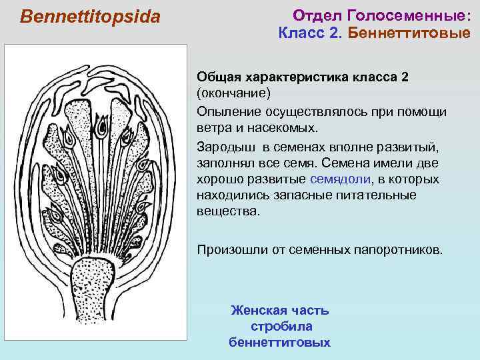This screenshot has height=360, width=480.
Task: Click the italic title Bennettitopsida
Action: tap(91, 16)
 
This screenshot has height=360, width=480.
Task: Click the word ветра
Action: tap(213, 127)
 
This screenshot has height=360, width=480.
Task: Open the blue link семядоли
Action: tap(339, 179)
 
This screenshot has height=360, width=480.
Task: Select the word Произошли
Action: tap(229, 250)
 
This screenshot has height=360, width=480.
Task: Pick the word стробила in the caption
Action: tap(281, 327)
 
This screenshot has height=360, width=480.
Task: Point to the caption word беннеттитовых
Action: tap(279, 343)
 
